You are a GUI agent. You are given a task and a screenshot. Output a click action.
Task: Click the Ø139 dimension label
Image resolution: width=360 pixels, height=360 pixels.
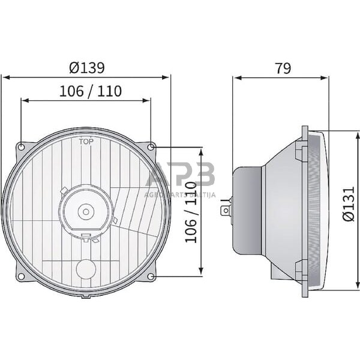pyautogui.click(x=86, y=68)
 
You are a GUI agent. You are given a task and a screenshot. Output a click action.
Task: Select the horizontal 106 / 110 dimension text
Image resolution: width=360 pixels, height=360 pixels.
pyautogui.click(x=91, y=91)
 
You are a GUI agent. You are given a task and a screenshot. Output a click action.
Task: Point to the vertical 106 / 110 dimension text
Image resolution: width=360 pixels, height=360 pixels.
pyautogui.click(x=191, y=212)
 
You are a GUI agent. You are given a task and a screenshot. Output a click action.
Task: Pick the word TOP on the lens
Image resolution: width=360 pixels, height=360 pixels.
pyautogui.click(x=86, y=142)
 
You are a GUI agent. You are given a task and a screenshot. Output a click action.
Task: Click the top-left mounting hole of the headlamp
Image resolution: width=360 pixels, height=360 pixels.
pyautogui.click(x=22, y=147)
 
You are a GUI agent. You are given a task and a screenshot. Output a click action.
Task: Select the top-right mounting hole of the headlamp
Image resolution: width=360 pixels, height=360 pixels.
pyautogui.click(x=151, y=147)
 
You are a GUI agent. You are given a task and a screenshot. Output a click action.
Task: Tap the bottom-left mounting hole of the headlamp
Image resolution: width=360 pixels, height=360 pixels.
pyautogui.click(x=22, y=276)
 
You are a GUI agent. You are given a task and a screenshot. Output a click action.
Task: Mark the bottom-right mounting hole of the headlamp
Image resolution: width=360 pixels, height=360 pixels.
pyautogui.click(x=151, y=276)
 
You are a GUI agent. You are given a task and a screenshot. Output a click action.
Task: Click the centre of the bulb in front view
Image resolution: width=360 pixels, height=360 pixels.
pyautogui.click(x=86, y=211)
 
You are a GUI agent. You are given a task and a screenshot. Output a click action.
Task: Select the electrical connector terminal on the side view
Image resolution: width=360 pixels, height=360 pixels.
pyautogui.click(x=226, y=210)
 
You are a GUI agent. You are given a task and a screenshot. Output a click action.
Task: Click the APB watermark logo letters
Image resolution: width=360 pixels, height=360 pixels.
pyautogui.click(x=180, y=176)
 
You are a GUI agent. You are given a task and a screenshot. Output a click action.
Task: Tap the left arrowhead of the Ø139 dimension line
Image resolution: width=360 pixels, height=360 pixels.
pyautogui.click(x=5, y=77)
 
